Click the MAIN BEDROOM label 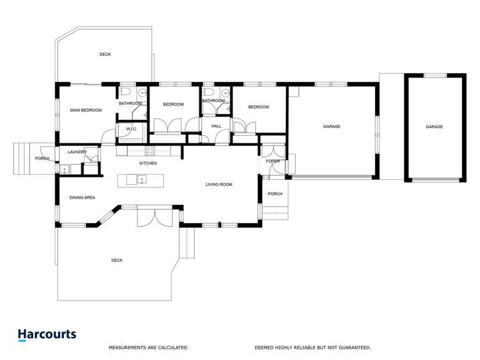[86, 111]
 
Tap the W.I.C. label [133, 129]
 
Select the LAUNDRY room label [77, 152]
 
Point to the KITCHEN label [148, 163]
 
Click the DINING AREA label [82, 198]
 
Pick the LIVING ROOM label [219, 184]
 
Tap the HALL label [216, 126]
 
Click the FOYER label [273, 161]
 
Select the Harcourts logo [47, 334]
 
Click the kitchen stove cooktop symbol [149, 151]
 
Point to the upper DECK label [105, 54]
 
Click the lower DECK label [117, 260]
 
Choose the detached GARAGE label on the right [434, 127]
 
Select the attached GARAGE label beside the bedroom [331, 127]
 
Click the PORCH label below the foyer [275, 194]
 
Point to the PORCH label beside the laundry [42, 158]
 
